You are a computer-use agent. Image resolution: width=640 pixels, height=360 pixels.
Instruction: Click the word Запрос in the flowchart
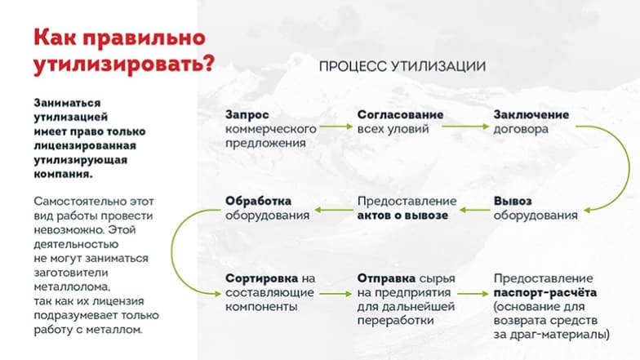tap(247, 115)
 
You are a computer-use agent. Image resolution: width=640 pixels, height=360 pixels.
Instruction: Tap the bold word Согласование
tap(400, 114)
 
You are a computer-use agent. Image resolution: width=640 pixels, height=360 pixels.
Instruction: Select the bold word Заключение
tap(531, 114)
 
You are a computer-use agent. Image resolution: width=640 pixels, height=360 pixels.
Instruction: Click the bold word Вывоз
tap(513, 201)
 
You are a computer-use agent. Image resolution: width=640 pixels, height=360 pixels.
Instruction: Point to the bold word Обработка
tap(258, 201)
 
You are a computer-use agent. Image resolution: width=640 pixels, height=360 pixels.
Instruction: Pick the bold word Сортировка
tap(261, 279)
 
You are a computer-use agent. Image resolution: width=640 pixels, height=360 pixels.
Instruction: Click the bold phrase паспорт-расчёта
tap(545, 292)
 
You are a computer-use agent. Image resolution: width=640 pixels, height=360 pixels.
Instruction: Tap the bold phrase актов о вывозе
tap(403, 216)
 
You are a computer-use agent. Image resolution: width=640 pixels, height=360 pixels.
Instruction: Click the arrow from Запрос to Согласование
tap(336, 127)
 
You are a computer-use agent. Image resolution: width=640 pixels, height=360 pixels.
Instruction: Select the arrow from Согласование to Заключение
tap(465, 127)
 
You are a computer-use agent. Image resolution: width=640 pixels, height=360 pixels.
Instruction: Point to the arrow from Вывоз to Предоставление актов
tap(475, 211)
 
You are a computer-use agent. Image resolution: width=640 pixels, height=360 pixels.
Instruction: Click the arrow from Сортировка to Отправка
tap(336, 294)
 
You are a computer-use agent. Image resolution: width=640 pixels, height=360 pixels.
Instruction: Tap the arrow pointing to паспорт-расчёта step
tap(473, 294)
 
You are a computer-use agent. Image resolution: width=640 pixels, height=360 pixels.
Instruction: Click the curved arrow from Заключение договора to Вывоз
tap(629, 167)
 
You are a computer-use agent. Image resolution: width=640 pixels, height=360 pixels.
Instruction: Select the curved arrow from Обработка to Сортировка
tap(171, 251)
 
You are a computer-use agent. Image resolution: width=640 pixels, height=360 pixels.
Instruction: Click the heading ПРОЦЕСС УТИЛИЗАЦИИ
tap(402, 66)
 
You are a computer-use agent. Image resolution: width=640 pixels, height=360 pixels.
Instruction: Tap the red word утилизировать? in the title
tap(124, 64)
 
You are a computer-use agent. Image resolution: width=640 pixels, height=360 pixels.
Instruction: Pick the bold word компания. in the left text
tap(64, 174)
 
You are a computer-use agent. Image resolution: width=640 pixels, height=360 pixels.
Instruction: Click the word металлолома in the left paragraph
tap(72, 287)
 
